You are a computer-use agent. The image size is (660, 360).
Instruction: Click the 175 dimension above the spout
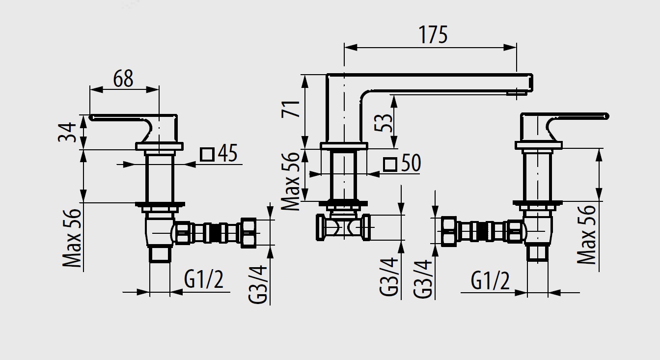click(433, 35)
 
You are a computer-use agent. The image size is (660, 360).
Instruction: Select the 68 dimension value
click(123, 78)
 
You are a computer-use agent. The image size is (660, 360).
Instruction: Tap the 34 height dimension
click(67, 132)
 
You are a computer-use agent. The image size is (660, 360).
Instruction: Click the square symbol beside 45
click(207, 154)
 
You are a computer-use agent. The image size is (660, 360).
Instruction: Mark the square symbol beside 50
click(390, 164)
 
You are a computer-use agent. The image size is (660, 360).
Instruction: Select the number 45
click(227, 154)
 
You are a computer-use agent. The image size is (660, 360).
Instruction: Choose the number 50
click(411, 163)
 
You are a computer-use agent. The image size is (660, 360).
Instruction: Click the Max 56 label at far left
click(73, 238)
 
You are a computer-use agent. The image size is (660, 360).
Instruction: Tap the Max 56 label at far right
click(587, 235)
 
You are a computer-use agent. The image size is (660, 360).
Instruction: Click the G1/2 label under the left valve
click(204, 280)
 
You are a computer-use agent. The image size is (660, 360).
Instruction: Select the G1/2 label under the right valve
click(490, 281)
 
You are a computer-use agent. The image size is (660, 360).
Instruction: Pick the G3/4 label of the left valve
click(258, 284)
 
